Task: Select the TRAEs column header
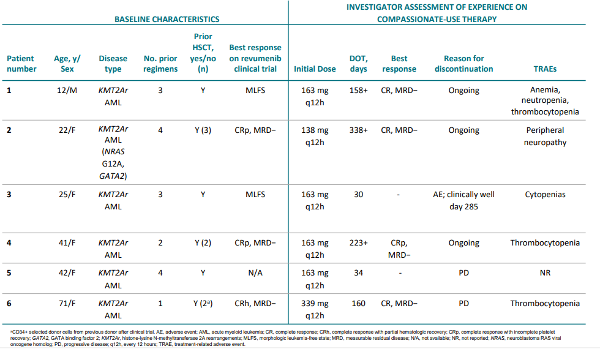click(x=545, y=69)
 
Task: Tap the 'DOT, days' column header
click(x=358, y=64)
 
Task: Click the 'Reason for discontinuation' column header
click(x=463, y=64)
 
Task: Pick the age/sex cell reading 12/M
click(x=67, y=90)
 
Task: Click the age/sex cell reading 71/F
click(x=67, y=303)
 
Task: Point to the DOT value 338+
click(x=358, y=130)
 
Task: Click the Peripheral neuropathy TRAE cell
click(x=545, y=136)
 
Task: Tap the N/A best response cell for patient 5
click(x=255, y=272)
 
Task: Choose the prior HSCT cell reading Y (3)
click(x=203, y=130)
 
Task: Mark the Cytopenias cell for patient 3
click(x=545, y=195)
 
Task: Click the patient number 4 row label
click(x=9, y=243)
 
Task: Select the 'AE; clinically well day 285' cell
click(x=463, y=200)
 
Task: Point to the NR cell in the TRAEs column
click(x=545, y=272)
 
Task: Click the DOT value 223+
click(x=358, y=243)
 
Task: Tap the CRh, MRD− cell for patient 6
click(x=255, y=303)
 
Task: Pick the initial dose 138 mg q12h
click(x=315, y=136)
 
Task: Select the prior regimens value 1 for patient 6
click(x=160, y=303)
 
